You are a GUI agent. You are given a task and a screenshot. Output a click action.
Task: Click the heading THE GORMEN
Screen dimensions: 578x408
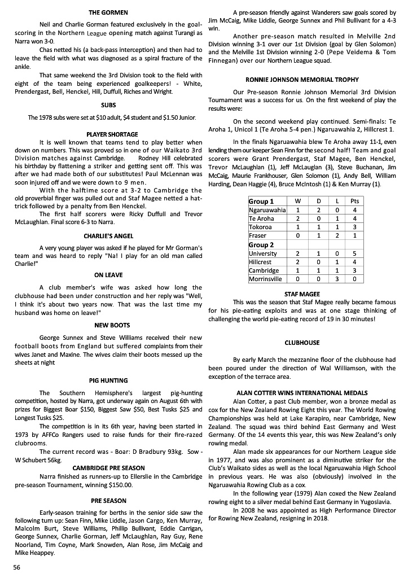[x=108, y=12]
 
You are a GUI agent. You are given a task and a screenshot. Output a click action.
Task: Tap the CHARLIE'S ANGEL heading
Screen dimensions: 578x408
[x=108, y=236]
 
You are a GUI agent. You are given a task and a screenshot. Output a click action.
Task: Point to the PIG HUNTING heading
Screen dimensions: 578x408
[x=108, y=380]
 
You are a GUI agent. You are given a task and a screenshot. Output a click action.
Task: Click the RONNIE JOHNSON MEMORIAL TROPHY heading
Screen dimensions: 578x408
[x=302, y=80]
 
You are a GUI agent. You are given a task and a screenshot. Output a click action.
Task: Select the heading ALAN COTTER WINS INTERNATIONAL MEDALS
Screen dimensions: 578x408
[x=302, y=392]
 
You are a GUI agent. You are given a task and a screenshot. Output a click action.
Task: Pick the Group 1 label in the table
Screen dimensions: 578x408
[x=261, y=202]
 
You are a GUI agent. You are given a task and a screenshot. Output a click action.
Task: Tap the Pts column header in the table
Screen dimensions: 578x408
[x=355, y=202]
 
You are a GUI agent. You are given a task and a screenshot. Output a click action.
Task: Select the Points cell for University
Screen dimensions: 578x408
[x=355, y=253]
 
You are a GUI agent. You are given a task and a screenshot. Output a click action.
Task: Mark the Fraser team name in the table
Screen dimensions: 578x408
[x=258, y=235]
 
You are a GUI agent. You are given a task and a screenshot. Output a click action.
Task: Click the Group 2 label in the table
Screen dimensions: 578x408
[x=261, y=244]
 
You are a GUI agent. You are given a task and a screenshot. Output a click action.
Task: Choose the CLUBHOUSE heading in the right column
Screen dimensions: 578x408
[x=302, y=343]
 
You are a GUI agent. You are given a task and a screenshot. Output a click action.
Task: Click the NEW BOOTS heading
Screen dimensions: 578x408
[x=108, y=325]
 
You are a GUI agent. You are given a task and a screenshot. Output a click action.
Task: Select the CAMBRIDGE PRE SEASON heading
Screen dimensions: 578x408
[x=108, y=468]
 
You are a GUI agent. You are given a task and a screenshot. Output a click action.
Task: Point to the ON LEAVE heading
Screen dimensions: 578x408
[x=108, y=275]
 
